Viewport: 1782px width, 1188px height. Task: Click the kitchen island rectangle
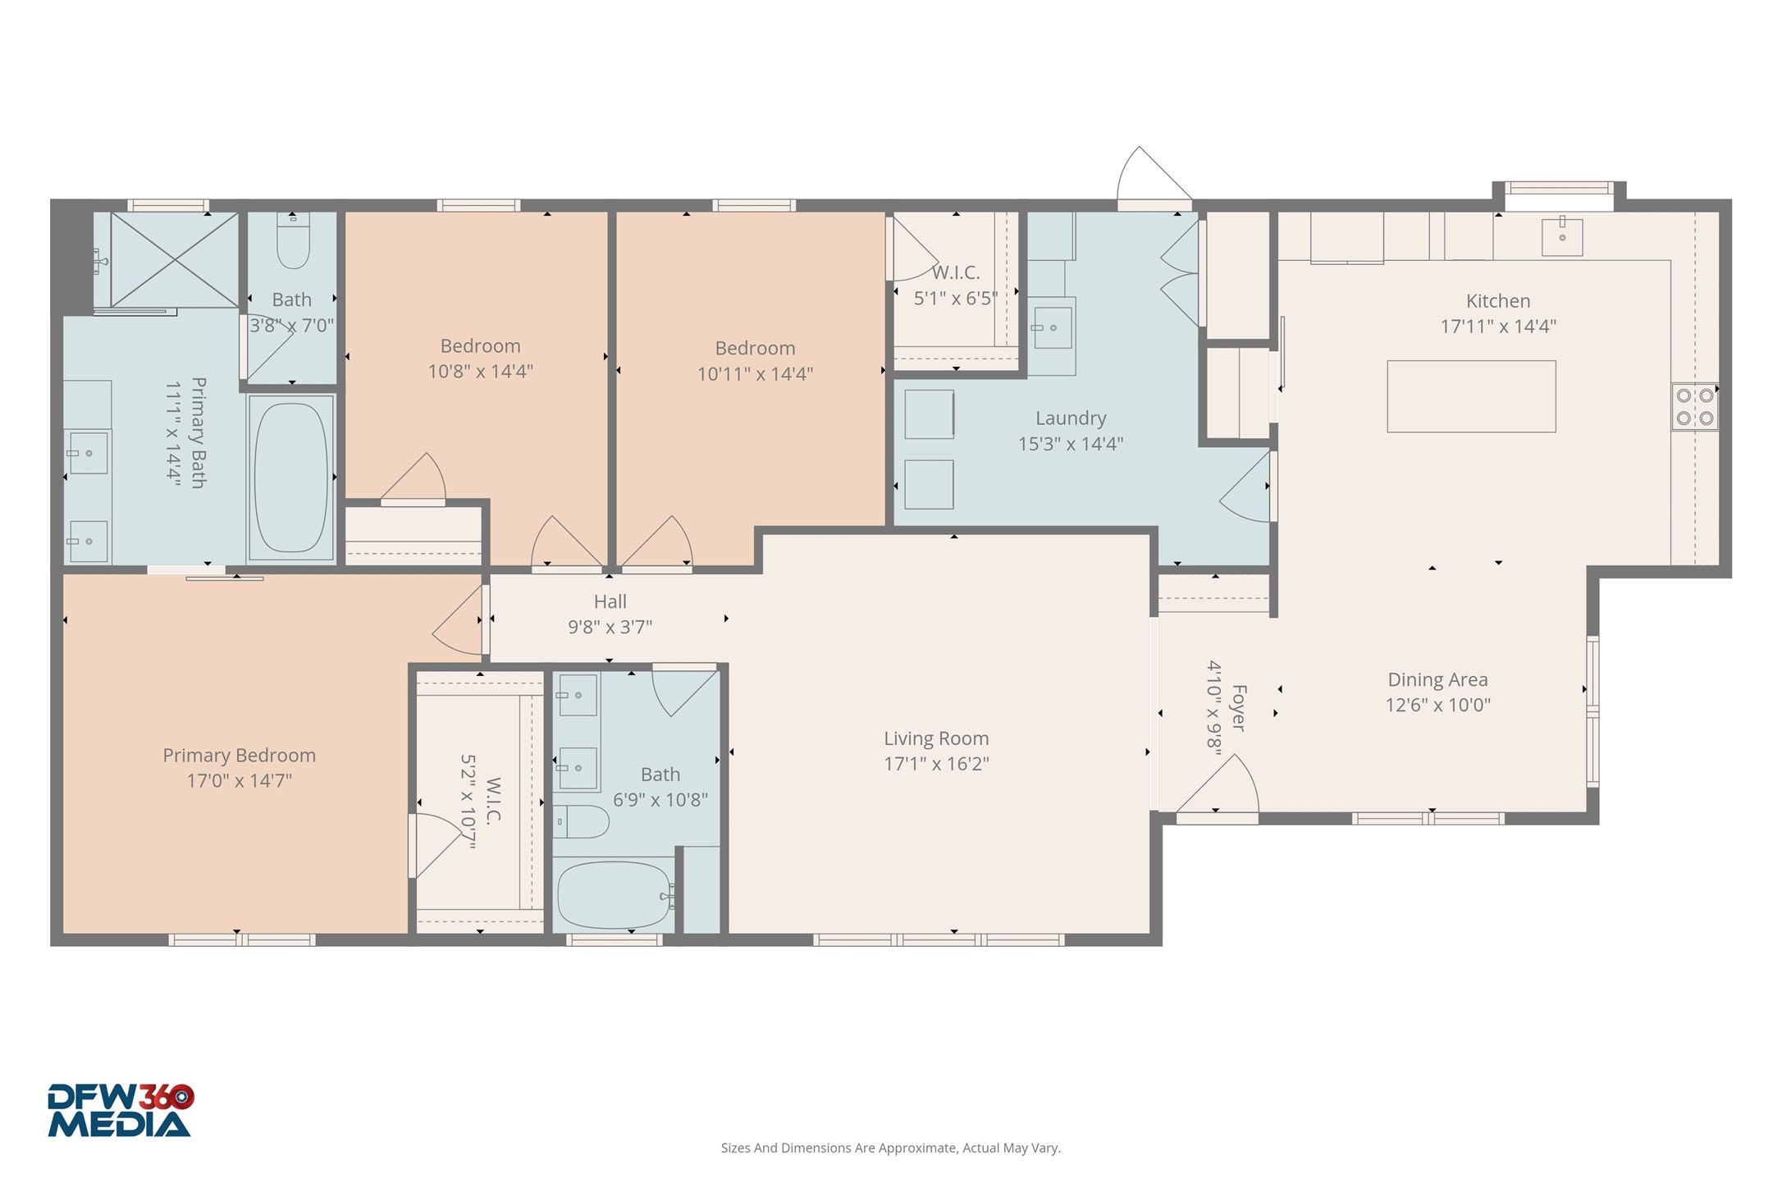(x=1470, y=396)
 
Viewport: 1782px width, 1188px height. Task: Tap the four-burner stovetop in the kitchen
(x=1694, y=407)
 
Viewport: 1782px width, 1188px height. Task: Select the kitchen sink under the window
(x=1561, y=237)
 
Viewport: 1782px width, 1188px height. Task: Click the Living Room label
(x=936, y=738)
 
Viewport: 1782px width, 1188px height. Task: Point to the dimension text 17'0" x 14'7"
(x=239, y=780)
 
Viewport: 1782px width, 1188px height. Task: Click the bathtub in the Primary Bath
(x=290, y=477)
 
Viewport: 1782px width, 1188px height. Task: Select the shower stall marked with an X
(x=174, y=259)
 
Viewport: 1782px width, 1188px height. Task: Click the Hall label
(x=610, y=601)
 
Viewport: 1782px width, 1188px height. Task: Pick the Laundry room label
(x=1070, y=418)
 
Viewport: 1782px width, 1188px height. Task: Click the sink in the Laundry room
(x=1051, y=327)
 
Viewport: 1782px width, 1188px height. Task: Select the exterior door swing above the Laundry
(x=1149, y=176)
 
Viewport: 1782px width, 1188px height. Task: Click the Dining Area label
(x=1437, y=679)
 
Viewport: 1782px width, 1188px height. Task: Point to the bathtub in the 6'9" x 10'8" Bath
(x=614, y=895)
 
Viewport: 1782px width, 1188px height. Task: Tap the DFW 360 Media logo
(x=120, y=1110)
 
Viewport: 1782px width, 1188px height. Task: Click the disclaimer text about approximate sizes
(x=890, y=1148)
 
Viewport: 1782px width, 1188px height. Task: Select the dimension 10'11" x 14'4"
(x=755, y=374)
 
